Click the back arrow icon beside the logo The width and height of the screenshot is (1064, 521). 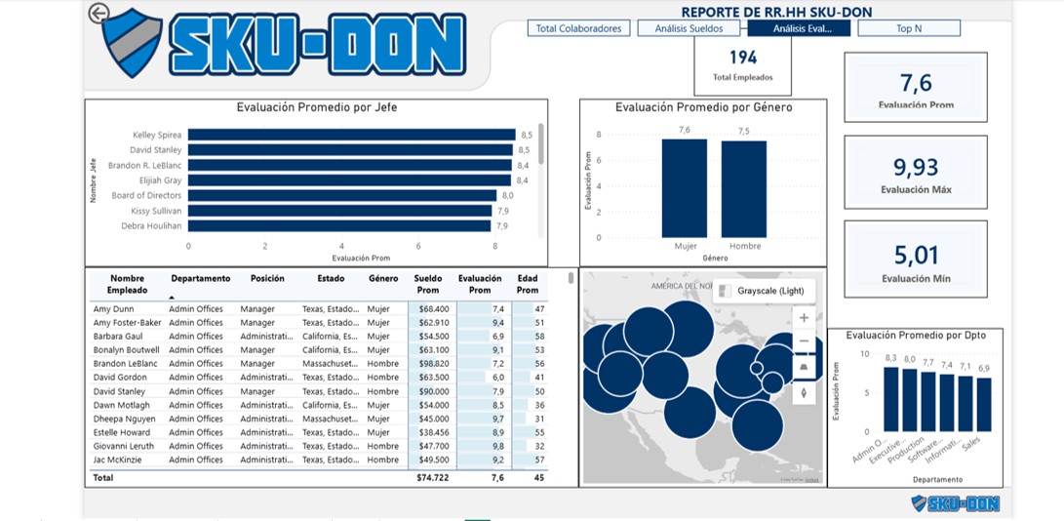click(99, 13)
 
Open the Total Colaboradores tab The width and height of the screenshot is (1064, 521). click(578, 28)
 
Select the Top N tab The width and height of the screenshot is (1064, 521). click(908, 28)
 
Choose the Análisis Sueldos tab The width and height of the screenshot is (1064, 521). click(689, 28)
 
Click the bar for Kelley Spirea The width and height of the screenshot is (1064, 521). click(351, 135)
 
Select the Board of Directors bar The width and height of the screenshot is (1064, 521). click(342, 195)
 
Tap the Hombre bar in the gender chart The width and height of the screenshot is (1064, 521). click(743, 189)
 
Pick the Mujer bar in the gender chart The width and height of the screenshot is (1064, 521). click(684, 188)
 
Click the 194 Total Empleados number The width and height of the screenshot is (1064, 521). click(742, 58)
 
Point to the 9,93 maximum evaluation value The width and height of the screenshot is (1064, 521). click(916, 167)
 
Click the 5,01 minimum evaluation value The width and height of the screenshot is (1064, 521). click(916, 256)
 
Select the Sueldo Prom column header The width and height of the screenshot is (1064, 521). click(428, 284)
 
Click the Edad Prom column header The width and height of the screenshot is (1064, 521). click(528, 284)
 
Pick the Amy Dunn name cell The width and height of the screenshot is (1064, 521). click(113, 309)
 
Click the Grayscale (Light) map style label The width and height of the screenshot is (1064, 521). click(769, 291)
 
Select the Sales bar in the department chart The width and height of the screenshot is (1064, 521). click(983, 404)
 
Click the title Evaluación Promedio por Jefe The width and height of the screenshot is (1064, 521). click(317, 107)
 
